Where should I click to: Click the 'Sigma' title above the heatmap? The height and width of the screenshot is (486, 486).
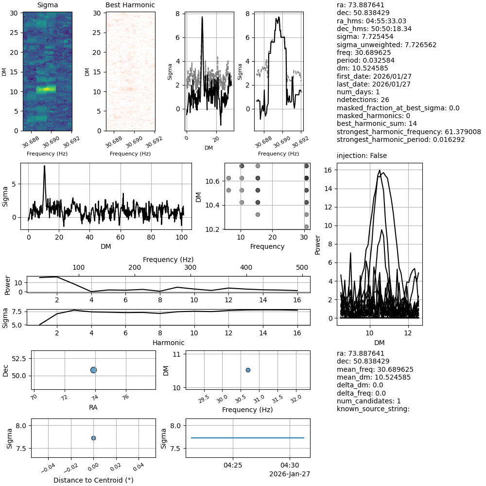(x=47, y=5)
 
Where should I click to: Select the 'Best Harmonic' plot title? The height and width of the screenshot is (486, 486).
(x=130, y=5)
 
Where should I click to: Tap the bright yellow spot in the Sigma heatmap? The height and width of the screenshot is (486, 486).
(x=47, y=89)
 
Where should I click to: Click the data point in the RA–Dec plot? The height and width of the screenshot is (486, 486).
(x=93, y=370)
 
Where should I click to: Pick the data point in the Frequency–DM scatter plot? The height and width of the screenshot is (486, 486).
(x=248, y=370)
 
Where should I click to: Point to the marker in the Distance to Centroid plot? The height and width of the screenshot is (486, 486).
(x=93, y=438)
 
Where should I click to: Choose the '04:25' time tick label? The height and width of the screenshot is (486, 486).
(x=233, y=465)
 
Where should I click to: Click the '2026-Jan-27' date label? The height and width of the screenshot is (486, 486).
(x=290, y=474)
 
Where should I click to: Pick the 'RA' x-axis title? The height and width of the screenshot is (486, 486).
(x=93, y=407)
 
